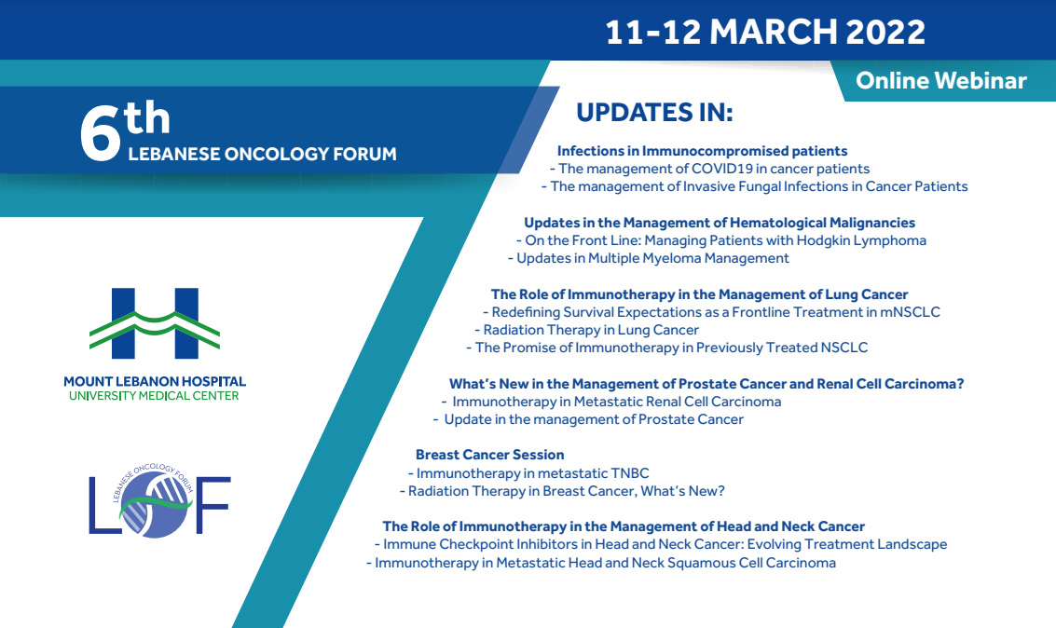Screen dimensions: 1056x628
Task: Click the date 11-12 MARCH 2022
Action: pos(765,33)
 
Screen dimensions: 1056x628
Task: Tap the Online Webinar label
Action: pos(940,81)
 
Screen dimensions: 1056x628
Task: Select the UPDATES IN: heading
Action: pos(654,113)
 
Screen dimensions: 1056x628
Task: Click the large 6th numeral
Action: pos(125,130)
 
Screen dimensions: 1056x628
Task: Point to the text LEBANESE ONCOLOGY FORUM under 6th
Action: pos(262,154)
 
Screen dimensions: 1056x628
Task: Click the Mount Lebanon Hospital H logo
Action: pos(155,323)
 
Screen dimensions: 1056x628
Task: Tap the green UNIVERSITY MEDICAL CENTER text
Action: pos(154,396)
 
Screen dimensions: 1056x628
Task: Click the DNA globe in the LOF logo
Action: pos(155,505)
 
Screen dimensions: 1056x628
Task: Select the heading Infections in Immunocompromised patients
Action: pos(702,151)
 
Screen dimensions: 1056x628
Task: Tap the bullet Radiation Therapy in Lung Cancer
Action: pos(586,330)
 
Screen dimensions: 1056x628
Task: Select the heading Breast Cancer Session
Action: pos(489,455)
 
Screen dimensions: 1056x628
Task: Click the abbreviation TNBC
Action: pos(629,473)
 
